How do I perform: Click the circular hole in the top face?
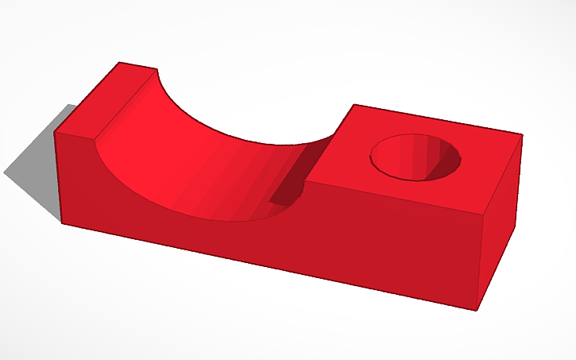tap(416, 156)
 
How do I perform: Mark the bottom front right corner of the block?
tap(477, 310)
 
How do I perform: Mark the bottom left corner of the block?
tap(62, 222)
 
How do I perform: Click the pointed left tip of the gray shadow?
tap(4, 172)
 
